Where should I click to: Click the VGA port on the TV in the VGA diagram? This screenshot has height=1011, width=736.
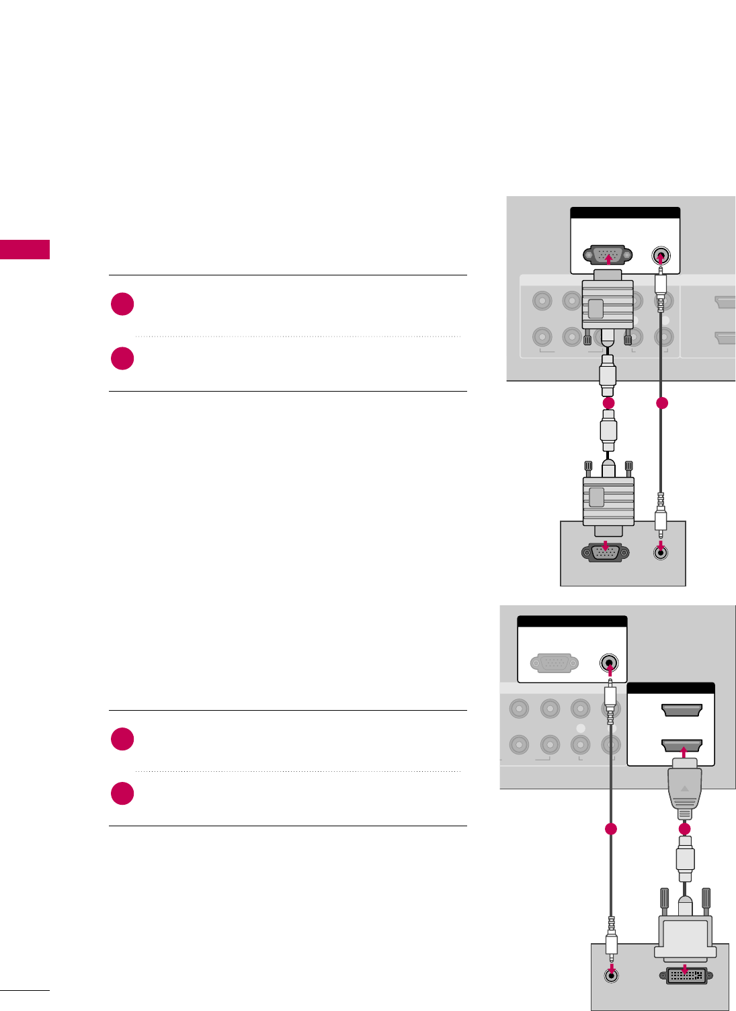tap(608, 255)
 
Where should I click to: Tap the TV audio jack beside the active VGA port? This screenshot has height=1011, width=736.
tap(661, 256)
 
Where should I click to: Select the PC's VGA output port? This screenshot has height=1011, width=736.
tap(606, 552)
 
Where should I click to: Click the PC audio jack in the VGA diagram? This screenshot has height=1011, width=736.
tap(661, 553)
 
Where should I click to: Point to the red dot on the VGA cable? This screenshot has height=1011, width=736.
tap(608, 402)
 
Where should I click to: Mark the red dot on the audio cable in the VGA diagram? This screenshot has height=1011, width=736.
tap(661, 403)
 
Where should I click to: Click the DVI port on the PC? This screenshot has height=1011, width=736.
tap(685, 975)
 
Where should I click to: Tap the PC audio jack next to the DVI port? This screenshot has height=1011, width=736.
tap(611, 976)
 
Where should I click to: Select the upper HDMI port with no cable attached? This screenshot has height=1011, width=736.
tap(682, 710)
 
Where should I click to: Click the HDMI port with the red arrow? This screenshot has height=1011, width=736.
tap(682, 745)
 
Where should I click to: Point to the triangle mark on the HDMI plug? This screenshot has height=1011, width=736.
tap(684, 789)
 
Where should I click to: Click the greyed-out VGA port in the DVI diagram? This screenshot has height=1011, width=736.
tap(555, 664)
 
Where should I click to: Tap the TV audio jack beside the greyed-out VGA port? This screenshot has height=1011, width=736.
tap(609, 664)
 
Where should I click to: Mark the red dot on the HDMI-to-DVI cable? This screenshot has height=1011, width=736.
tap(684, 829)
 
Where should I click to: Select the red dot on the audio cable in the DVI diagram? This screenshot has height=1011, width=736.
tap(610, 829)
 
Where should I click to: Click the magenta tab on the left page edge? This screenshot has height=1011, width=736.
tap(25, 249)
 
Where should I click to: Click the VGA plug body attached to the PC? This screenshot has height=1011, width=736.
tap(608, 500)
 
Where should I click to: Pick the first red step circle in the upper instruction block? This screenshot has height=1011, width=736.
tap(122, 304)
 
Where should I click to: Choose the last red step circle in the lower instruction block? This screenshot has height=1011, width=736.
tap(122, 793)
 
